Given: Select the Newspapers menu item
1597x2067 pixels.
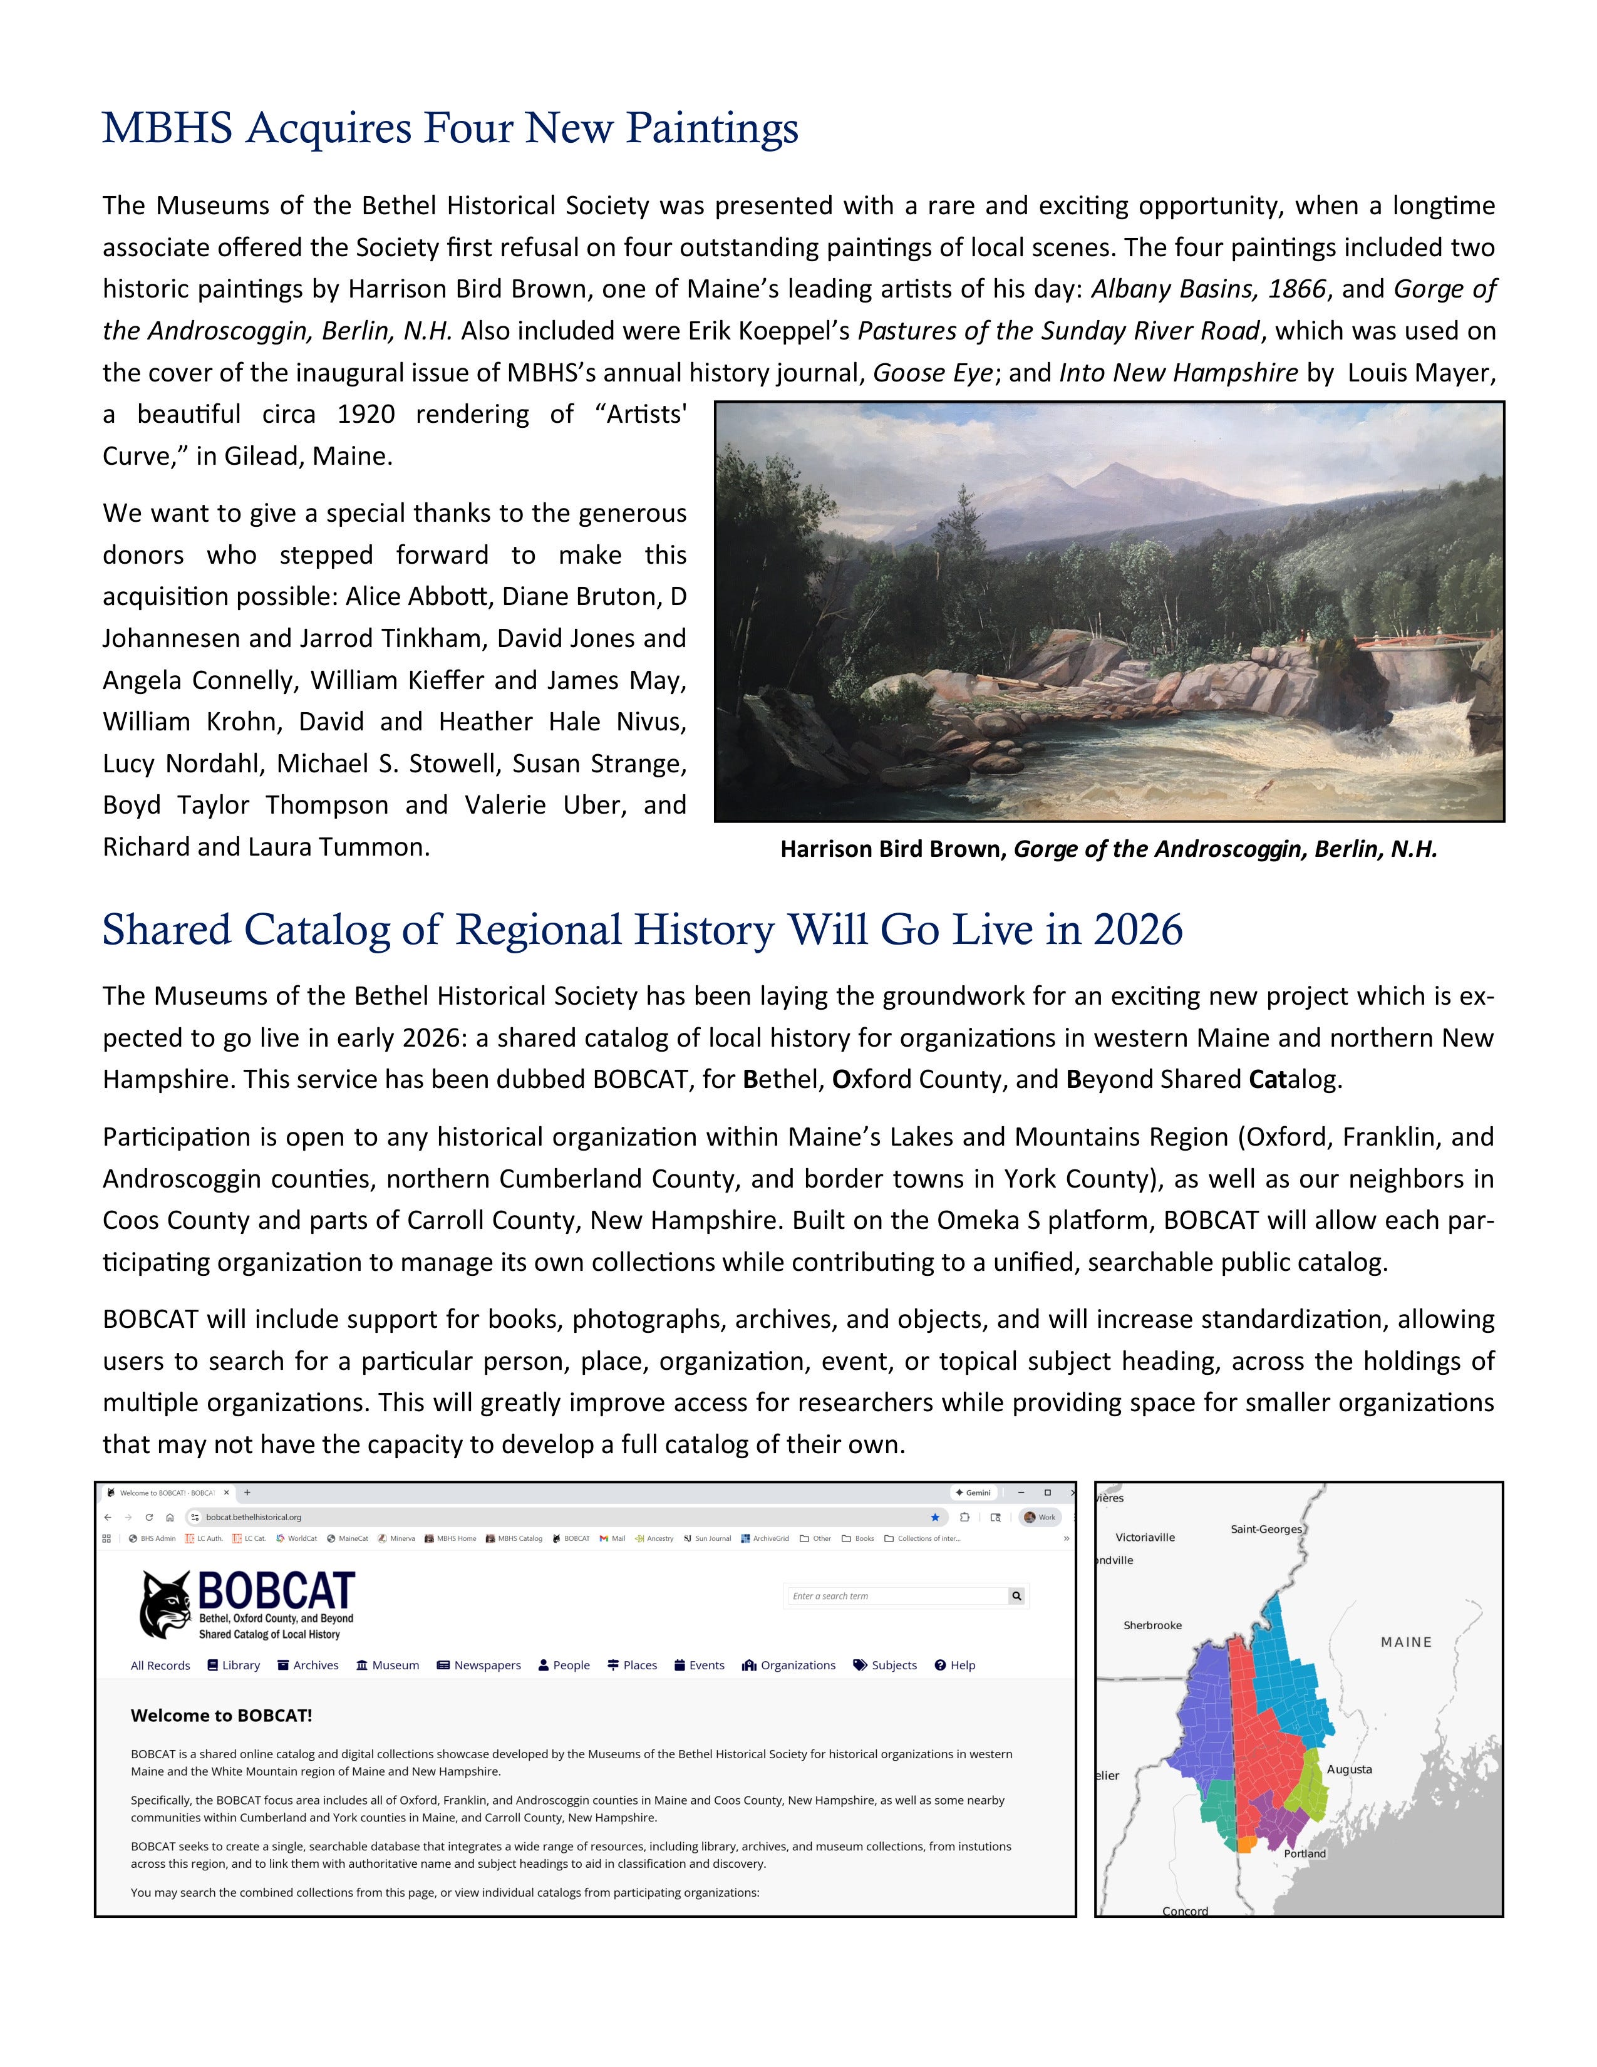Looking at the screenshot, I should click(478, 1665).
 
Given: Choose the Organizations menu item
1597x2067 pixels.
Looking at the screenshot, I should click(789, 1665).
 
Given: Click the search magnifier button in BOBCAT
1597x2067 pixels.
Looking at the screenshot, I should click(1017, 1596).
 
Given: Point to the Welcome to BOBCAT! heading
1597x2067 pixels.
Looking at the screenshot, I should click(221, 1715).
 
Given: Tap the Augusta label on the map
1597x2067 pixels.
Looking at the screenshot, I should click(1349, 1769).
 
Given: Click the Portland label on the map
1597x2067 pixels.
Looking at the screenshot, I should click(1305, 1853).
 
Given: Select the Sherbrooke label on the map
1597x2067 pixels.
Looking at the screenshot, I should click(1152, 1625).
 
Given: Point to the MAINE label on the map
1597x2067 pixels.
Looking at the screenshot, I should click(1406, 1642).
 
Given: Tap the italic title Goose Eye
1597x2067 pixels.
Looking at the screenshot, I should click(932, 373).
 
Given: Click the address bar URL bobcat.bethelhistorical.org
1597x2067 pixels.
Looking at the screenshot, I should click(254, 1517).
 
